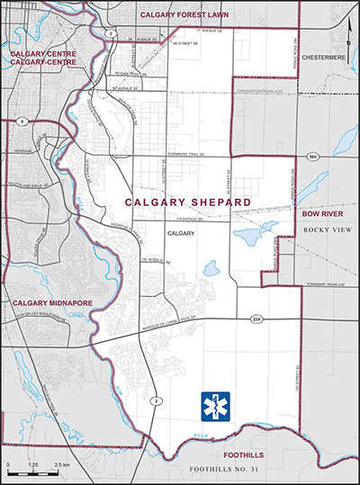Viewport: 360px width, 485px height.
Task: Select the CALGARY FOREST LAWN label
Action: (x=179, y=15)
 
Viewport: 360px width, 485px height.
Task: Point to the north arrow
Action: (x=349, y=30)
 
